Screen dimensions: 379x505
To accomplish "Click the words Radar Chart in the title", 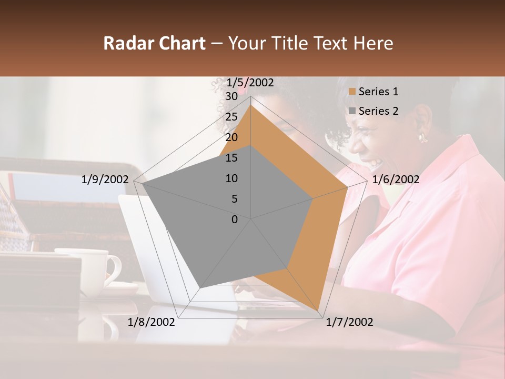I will coord(154,43).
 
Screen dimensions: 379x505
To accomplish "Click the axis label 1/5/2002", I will coord(250,83).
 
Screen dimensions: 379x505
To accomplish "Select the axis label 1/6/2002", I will coord(396,179).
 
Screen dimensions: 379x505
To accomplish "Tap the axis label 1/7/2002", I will coord(349,322).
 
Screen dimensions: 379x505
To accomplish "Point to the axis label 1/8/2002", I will coord(151,322).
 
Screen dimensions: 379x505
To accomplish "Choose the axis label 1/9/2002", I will coord(105,179).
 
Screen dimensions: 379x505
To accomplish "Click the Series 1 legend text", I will coord(378,92).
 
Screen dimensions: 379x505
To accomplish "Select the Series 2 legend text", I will coord(378,111).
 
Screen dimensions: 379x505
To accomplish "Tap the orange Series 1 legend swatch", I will coord(352,92).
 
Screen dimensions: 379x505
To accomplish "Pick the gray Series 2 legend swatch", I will coord(352,111).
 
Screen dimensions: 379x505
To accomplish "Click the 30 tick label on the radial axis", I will coord(231,96).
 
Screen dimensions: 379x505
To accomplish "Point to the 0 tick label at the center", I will coord(235,219).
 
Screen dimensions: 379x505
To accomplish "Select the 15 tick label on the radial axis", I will coord(231,158).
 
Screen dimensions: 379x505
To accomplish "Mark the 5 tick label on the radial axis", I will coord(234,199).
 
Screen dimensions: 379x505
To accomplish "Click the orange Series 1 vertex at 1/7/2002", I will coord(319,311).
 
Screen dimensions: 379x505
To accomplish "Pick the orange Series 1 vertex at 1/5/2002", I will coord(251,105).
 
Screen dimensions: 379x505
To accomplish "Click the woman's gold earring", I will coord(422,138).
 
